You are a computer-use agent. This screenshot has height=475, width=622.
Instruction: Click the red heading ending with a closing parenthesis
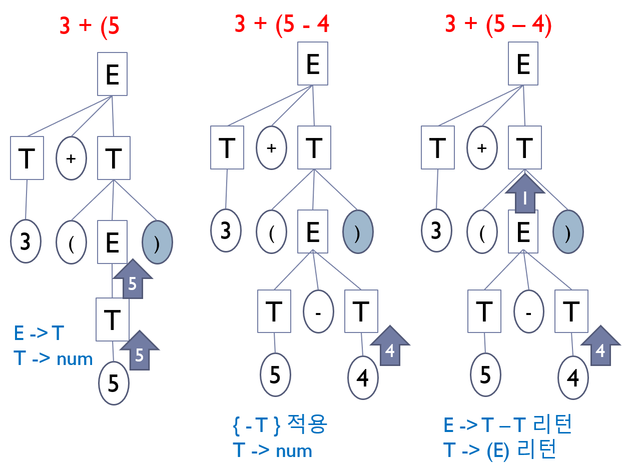click(498, 25)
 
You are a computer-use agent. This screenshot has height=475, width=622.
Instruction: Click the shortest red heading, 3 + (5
click(90, 26)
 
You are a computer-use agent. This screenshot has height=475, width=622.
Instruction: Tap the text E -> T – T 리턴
click(507, 425)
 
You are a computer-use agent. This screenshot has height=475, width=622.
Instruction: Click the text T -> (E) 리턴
click(500, 450)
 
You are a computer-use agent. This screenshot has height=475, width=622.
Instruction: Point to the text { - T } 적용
click(280, 425)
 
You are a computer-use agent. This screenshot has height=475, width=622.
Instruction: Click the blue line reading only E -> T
click(39, 333)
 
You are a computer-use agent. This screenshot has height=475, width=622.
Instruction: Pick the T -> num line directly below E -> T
click(54, 358)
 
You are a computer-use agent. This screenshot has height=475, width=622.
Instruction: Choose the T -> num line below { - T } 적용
click(272, 450)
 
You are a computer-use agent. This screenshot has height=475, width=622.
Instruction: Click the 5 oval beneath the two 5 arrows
click(114, 384)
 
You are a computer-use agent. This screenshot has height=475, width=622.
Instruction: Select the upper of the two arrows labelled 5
click(132, 279)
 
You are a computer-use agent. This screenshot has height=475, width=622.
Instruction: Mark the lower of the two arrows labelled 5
click(139, 350)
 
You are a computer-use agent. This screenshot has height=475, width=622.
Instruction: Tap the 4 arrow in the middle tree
click(389, 346)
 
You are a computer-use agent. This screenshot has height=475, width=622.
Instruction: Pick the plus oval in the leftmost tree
click(71, 158)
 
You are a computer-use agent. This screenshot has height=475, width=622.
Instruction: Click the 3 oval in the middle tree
click(226, 231)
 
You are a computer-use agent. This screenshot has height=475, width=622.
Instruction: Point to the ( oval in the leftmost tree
click(71, 242)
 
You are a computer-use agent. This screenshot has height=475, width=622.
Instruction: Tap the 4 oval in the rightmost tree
click(573, 378)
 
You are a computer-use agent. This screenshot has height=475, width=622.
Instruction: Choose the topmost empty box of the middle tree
click(313, 63)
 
